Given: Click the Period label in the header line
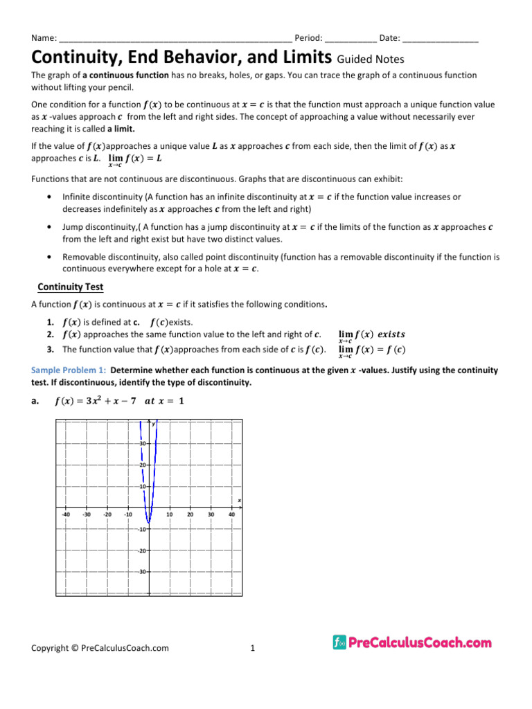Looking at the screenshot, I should click(x=308, y=37).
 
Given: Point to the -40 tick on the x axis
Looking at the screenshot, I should click(x=65, y=514).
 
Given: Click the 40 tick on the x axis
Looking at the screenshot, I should click(x=232, y=514).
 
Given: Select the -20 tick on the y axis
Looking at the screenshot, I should click(x=141, y=550).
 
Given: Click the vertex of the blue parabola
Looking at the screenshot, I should click(x=148, y=523).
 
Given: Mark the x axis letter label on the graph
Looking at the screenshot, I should click(x=239, y=500).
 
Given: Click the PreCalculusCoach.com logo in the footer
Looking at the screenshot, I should click(x=412, y=643).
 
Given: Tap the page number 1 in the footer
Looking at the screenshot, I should click(x=253, y=649).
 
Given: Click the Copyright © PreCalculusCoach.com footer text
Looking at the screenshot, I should click(x=100, y=649).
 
